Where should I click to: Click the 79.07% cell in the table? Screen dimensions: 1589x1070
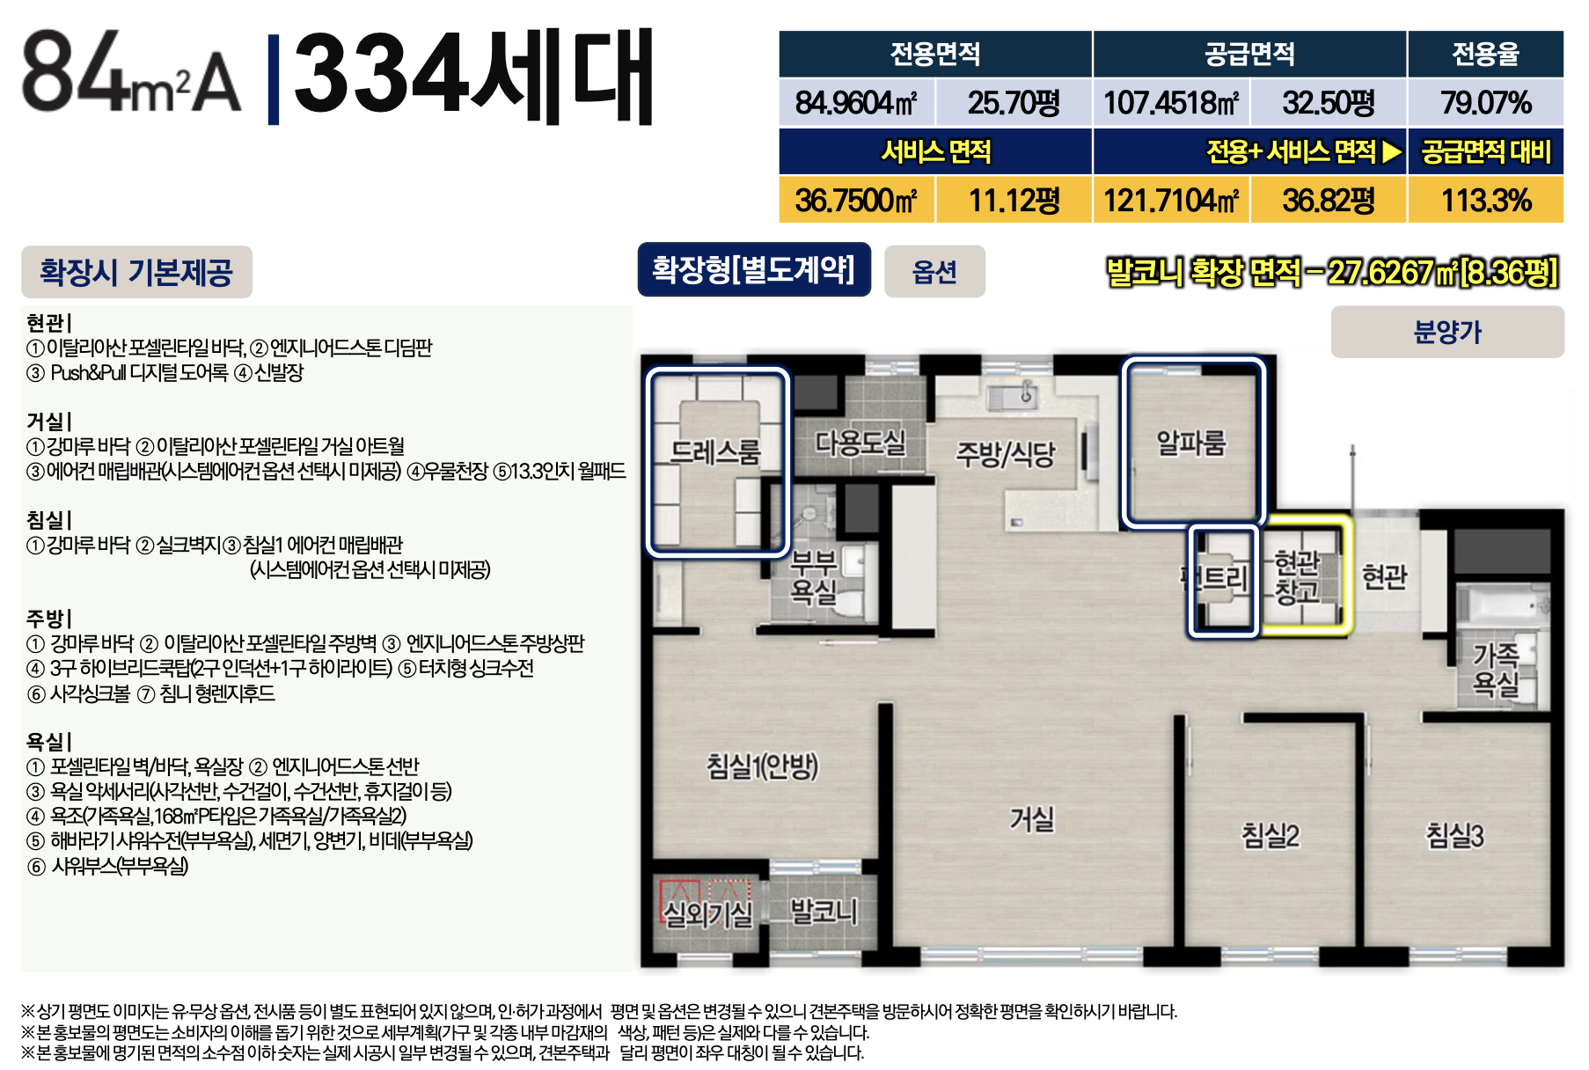(x=1485, y=103)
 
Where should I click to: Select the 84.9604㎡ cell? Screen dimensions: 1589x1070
(x=856, y=103)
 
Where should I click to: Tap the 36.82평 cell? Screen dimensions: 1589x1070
(x=1329, y=200)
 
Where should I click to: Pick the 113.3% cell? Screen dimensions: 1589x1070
(x=1485, y=200)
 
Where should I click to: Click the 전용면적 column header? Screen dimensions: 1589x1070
(x=935, y=54)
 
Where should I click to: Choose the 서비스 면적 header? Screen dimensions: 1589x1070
(x=935, y=151)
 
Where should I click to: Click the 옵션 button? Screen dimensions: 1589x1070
(x=934, y=271)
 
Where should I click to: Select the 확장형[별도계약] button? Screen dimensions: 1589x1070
(x=754, y=269)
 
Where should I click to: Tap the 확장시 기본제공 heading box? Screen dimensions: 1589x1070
(x=136, y=272)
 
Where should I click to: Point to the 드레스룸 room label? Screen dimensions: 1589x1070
(x=714, y=451)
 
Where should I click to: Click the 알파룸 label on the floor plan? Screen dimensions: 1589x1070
(x=1190, y=443)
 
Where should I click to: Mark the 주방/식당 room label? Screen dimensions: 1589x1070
(x=1005, y=454)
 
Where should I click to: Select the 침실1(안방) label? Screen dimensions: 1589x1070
(x=763, y=766)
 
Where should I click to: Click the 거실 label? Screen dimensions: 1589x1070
(x=1032, y=819)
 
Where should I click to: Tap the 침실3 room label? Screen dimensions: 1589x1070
(x=1454, y=835)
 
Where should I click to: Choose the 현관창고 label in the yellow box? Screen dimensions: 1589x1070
(x=1297, y=576)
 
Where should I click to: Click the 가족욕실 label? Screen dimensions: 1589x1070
(x=1496, y=669)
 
